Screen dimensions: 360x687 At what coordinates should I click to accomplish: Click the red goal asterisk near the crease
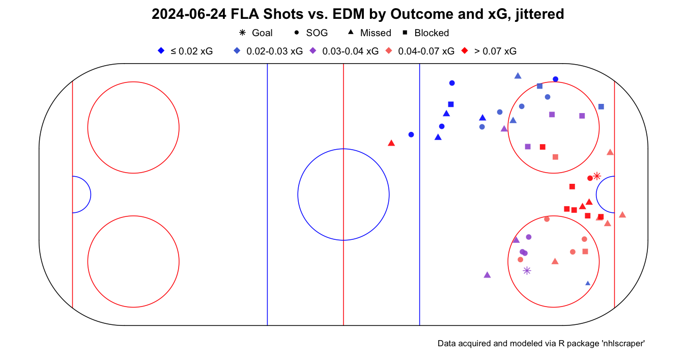click(597, 176)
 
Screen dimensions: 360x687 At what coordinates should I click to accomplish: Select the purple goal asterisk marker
click(527, 271)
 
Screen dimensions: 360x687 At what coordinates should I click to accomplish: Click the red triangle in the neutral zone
click(391, 143)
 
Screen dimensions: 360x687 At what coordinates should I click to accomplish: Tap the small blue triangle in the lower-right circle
click(588, 283)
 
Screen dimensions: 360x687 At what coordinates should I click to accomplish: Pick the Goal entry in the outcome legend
click(256, 33)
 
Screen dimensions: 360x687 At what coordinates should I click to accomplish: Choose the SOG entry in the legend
click(311, 33)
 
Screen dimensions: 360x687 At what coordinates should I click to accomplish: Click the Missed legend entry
click(369, 33)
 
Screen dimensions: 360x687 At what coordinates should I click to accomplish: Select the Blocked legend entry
click(425, 33)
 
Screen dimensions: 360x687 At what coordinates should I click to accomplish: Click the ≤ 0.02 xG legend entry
click(186, 51)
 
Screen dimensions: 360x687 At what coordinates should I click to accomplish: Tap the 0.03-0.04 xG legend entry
click(345, 51)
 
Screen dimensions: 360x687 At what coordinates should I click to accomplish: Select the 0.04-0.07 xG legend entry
click(420, 51)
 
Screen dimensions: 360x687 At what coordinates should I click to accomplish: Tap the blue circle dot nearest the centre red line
click(411, 134)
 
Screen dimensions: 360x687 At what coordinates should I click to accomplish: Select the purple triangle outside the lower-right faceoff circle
click(487, 275)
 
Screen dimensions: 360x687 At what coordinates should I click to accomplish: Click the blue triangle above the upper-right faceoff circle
click(518, 76)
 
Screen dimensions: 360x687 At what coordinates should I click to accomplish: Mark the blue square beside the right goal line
click(601, 106)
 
